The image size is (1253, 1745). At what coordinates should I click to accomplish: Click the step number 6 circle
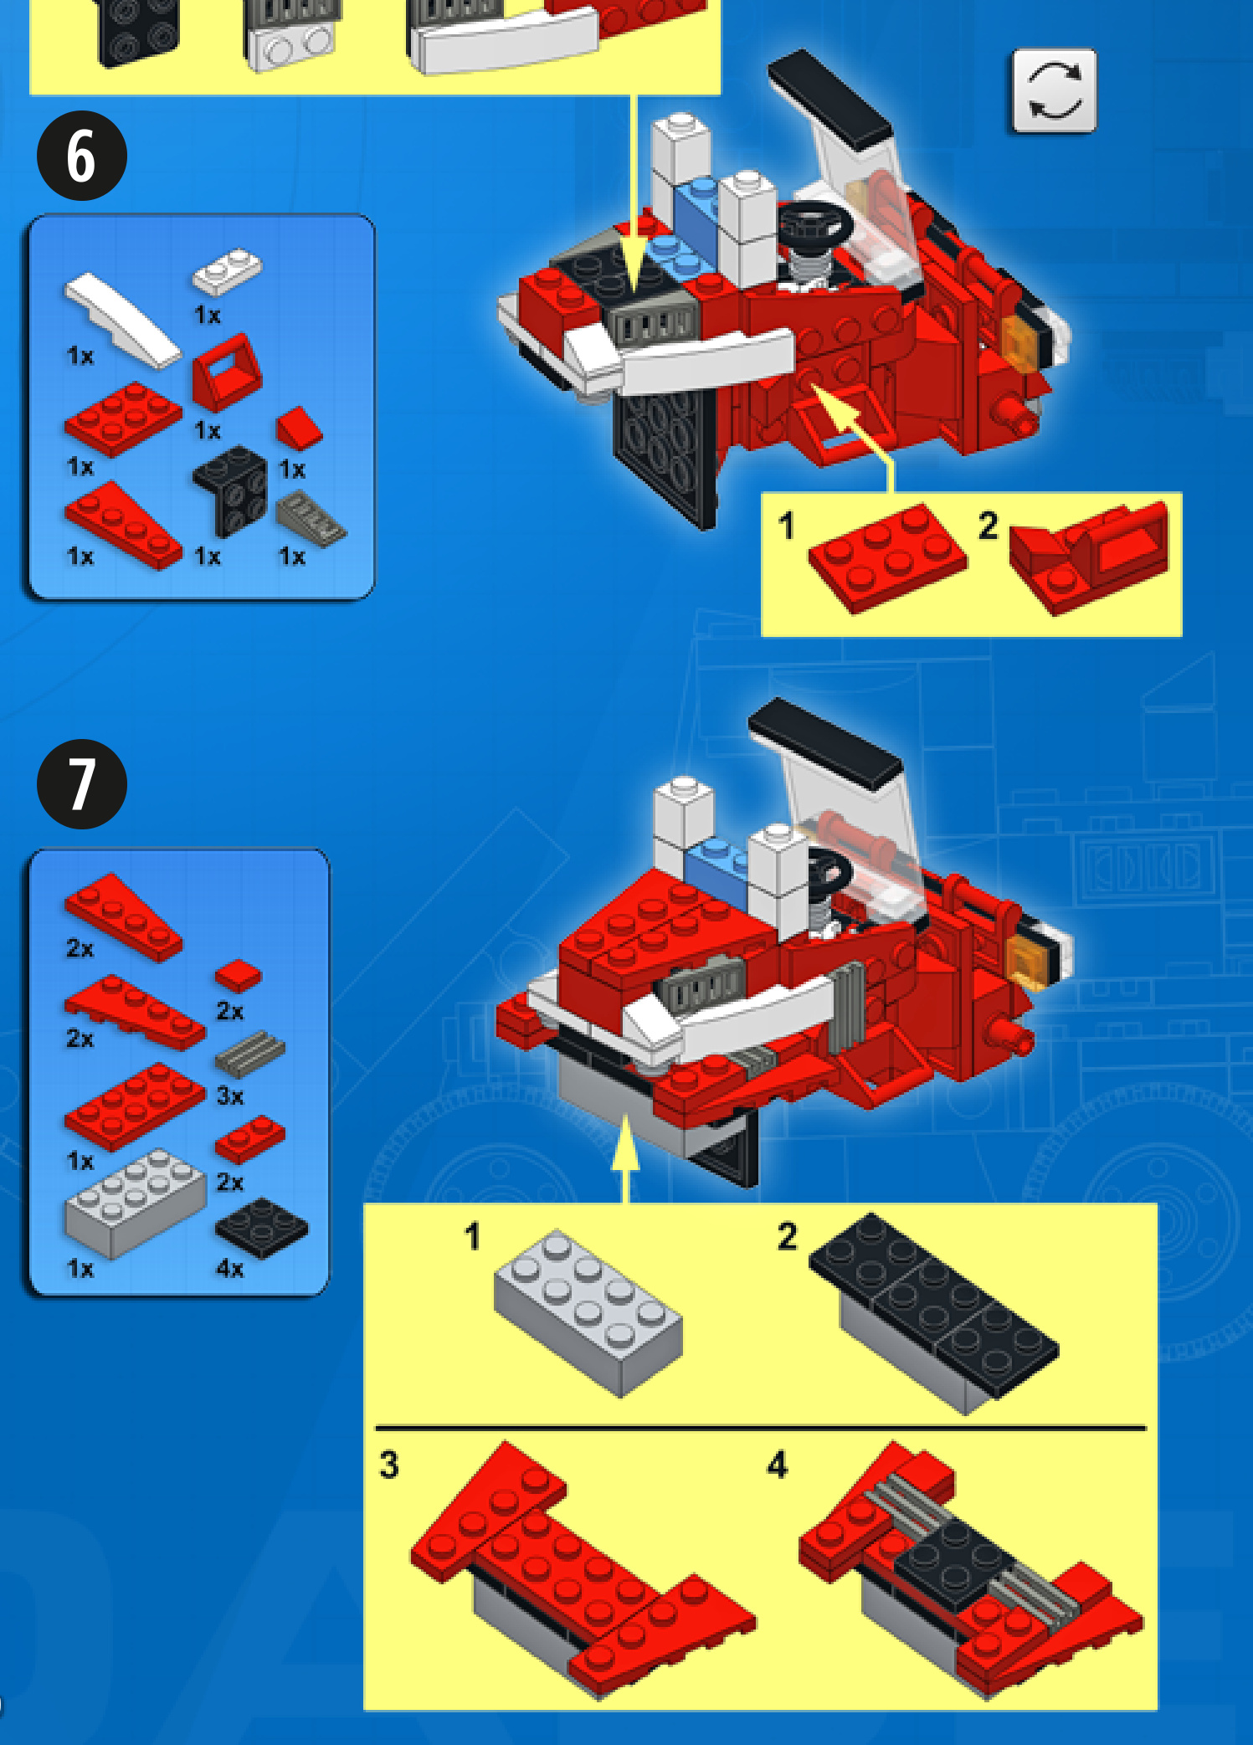[x=81, y=156]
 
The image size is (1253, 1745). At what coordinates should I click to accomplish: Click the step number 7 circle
[x=81, y=784]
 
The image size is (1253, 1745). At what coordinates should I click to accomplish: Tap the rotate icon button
[x=1053, y=90]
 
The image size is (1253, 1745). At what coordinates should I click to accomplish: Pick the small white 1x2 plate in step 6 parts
[x=226, y=270]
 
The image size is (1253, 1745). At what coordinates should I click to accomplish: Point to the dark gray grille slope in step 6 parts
[x=311, y=519]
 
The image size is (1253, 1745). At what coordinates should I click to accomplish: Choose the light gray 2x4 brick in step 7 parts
[x=135, y=1202]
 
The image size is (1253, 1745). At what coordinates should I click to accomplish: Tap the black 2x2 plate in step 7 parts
[x=261, y=1227]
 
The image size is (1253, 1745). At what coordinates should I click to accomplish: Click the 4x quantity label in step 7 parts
[x=230, y=1269]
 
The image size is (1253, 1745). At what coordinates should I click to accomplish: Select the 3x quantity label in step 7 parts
[x=230, y=1096]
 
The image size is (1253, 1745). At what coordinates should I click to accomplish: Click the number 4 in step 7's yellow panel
[x=778, y=1465]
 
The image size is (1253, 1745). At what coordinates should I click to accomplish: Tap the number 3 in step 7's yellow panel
[x=389, y=1465]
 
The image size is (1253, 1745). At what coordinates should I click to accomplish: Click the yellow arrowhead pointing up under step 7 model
[x=625, y=1142]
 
